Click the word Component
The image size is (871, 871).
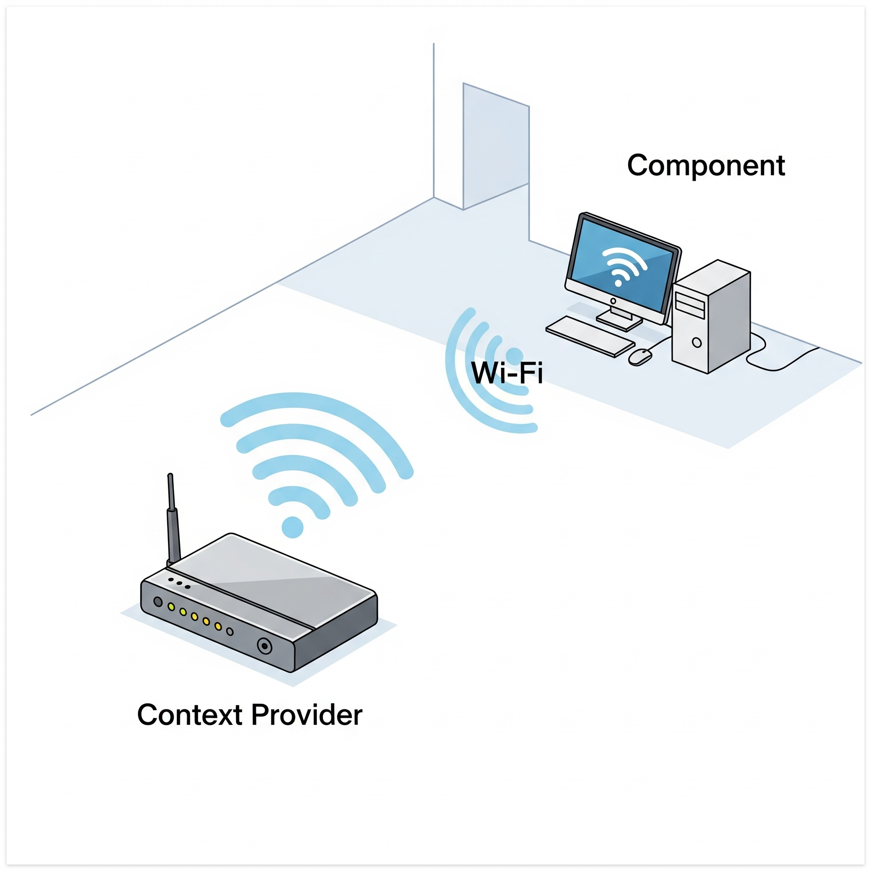706,165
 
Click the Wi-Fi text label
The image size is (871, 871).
506,373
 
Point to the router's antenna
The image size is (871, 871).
173,518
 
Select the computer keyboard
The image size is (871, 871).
590,336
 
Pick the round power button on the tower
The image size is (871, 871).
697,343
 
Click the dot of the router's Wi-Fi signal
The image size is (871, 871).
293,527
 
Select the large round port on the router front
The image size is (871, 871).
265,646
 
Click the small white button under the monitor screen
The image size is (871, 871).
613,301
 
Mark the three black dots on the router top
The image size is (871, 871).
179,583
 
